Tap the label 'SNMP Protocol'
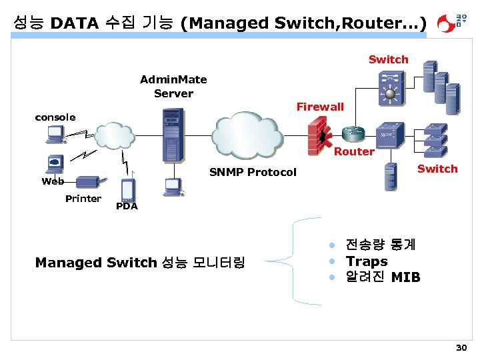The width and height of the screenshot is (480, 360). tap(253, 172)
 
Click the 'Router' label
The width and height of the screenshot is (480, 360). tap(354, 151)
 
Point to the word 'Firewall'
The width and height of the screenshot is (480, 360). tap(320, 107)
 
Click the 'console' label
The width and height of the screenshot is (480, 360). tap(55, 117)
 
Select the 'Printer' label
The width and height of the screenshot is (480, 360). tap(83, 199)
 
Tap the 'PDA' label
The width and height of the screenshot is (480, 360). tap(127, 207)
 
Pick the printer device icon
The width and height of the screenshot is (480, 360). tap(88, 181)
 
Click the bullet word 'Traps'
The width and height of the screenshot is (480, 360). tap(366, 261)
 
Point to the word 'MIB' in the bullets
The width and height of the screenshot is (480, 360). tap(406, 277)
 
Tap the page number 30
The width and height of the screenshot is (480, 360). tap(461, 348)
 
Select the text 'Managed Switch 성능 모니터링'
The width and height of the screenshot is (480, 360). tap(140, 263)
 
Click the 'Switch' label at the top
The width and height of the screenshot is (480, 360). tap(388, 59)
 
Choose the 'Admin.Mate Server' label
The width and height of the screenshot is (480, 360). tap(173, 87)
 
